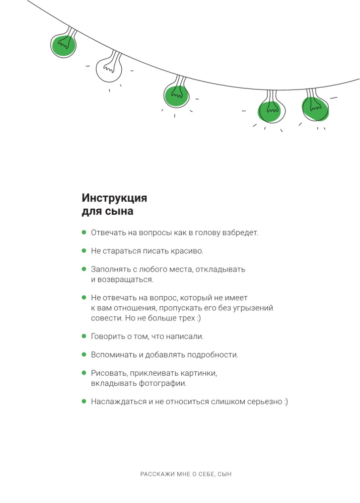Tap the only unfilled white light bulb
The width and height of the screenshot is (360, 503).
point(108,69)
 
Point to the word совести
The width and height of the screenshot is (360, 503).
point(105,318)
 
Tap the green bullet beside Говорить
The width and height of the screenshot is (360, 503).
point(84,336)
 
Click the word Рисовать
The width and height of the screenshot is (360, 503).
point(108,373)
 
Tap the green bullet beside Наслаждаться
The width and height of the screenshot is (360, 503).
point(84,401)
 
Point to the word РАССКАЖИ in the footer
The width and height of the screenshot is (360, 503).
point(155,474)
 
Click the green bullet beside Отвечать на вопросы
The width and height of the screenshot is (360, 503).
point(84,232)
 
